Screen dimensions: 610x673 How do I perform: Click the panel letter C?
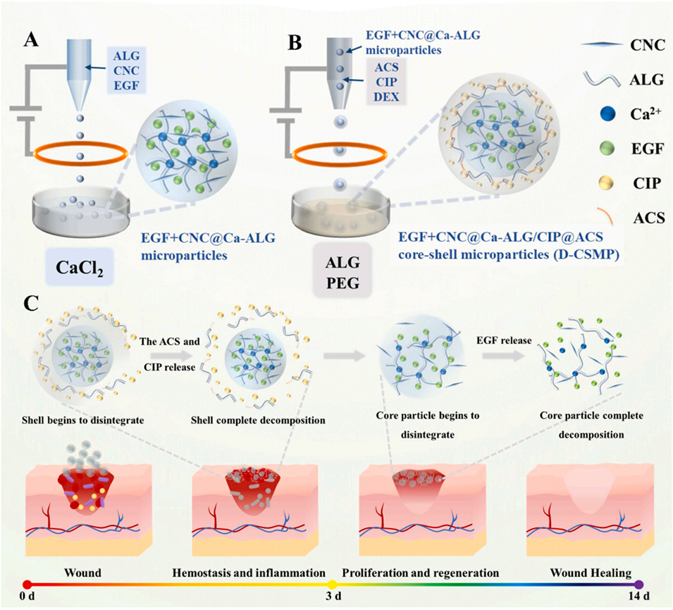(x=30, y=304)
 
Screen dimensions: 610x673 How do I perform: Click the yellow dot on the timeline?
(x=332, y=584)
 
